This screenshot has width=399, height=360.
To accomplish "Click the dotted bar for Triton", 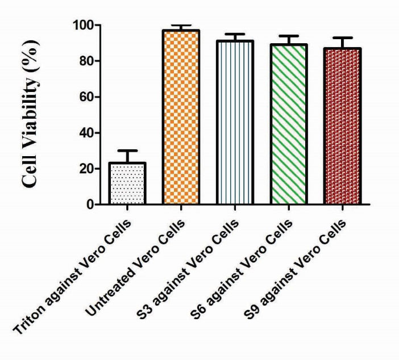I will point(127,183).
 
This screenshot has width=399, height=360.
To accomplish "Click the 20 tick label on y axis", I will point(87,169).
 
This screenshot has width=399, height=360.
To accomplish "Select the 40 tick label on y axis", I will point(87,133).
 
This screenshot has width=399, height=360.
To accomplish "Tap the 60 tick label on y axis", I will point(87,97).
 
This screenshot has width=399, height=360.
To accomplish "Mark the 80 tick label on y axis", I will point(87,61).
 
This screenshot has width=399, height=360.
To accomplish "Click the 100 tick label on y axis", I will point(83,25).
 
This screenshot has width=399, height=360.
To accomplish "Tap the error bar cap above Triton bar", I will point(127,150).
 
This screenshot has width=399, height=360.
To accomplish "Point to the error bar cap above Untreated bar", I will point(181,26).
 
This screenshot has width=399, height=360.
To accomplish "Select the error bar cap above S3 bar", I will point(235,34).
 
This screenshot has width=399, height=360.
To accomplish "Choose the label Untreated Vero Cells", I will point(145,261).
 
